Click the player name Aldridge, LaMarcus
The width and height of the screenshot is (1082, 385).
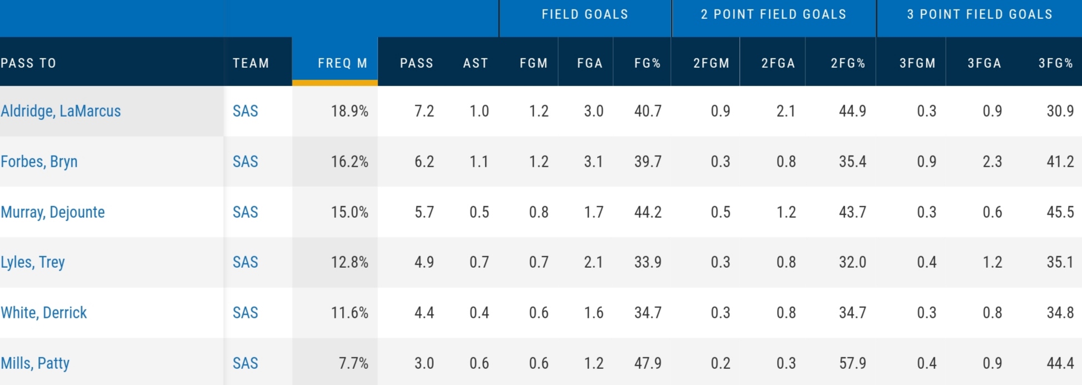coord(61,111)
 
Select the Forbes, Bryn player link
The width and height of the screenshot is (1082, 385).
coord(39,162)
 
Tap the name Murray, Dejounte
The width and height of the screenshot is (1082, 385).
coord(53,212)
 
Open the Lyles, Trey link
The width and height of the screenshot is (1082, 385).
coord(33,262)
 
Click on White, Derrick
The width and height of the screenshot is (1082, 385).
coord(44,313)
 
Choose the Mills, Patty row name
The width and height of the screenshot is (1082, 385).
coord(35,363)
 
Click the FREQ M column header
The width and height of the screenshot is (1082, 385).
coord(342,63)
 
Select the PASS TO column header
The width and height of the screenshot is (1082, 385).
coord(29,63)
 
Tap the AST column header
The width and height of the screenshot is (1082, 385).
coord(475,63)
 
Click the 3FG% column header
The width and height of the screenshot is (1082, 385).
coord(1055,63)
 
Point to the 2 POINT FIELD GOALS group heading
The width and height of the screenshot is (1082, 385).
coord(773,14)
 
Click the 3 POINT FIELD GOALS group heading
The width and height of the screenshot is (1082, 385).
coord(979,14)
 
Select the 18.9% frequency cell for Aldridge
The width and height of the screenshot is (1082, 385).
coord(349,111)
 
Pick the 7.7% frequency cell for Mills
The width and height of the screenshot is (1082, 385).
coord(353,363)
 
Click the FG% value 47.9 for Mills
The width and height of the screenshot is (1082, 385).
coord(648,363)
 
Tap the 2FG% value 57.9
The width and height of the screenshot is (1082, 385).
coord(852,363)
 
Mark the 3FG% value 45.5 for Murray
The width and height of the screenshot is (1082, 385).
coord(1060,212)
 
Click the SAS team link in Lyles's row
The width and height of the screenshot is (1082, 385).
coord(245,262)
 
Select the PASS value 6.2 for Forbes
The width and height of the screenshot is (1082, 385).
coord(424,162)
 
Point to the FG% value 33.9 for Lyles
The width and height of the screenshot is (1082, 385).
coord(648,262)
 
